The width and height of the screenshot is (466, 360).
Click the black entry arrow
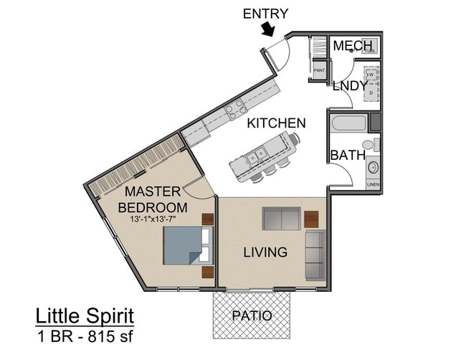pos(268,29)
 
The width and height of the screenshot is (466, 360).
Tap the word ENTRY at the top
pos(265,13)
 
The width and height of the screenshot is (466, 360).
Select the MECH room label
pos(352,47)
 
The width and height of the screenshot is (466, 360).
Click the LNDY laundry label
pos(348,85)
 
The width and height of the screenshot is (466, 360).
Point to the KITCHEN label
pos(276,123)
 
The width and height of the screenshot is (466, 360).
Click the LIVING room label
pos(265,252)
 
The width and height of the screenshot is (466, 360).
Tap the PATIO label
pos(252,316)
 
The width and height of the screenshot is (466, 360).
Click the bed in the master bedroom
pos(187,245)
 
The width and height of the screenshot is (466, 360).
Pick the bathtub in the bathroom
pos(349,123)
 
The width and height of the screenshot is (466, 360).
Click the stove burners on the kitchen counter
pos(235,109)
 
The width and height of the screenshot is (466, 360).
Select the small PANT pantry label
pos(319,70)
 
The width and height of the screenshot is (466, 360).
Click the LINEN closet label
pos(373,184)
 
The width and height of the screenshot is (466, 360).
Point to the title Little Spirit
pos(85,316)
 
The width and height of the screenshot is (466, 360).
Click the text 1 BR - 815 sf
pos(85,335)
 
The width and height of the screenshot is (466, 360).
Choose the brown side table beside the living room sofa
pos(311,218)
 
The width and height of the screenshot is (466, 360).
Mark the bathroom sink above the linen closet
pos(372,168)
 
